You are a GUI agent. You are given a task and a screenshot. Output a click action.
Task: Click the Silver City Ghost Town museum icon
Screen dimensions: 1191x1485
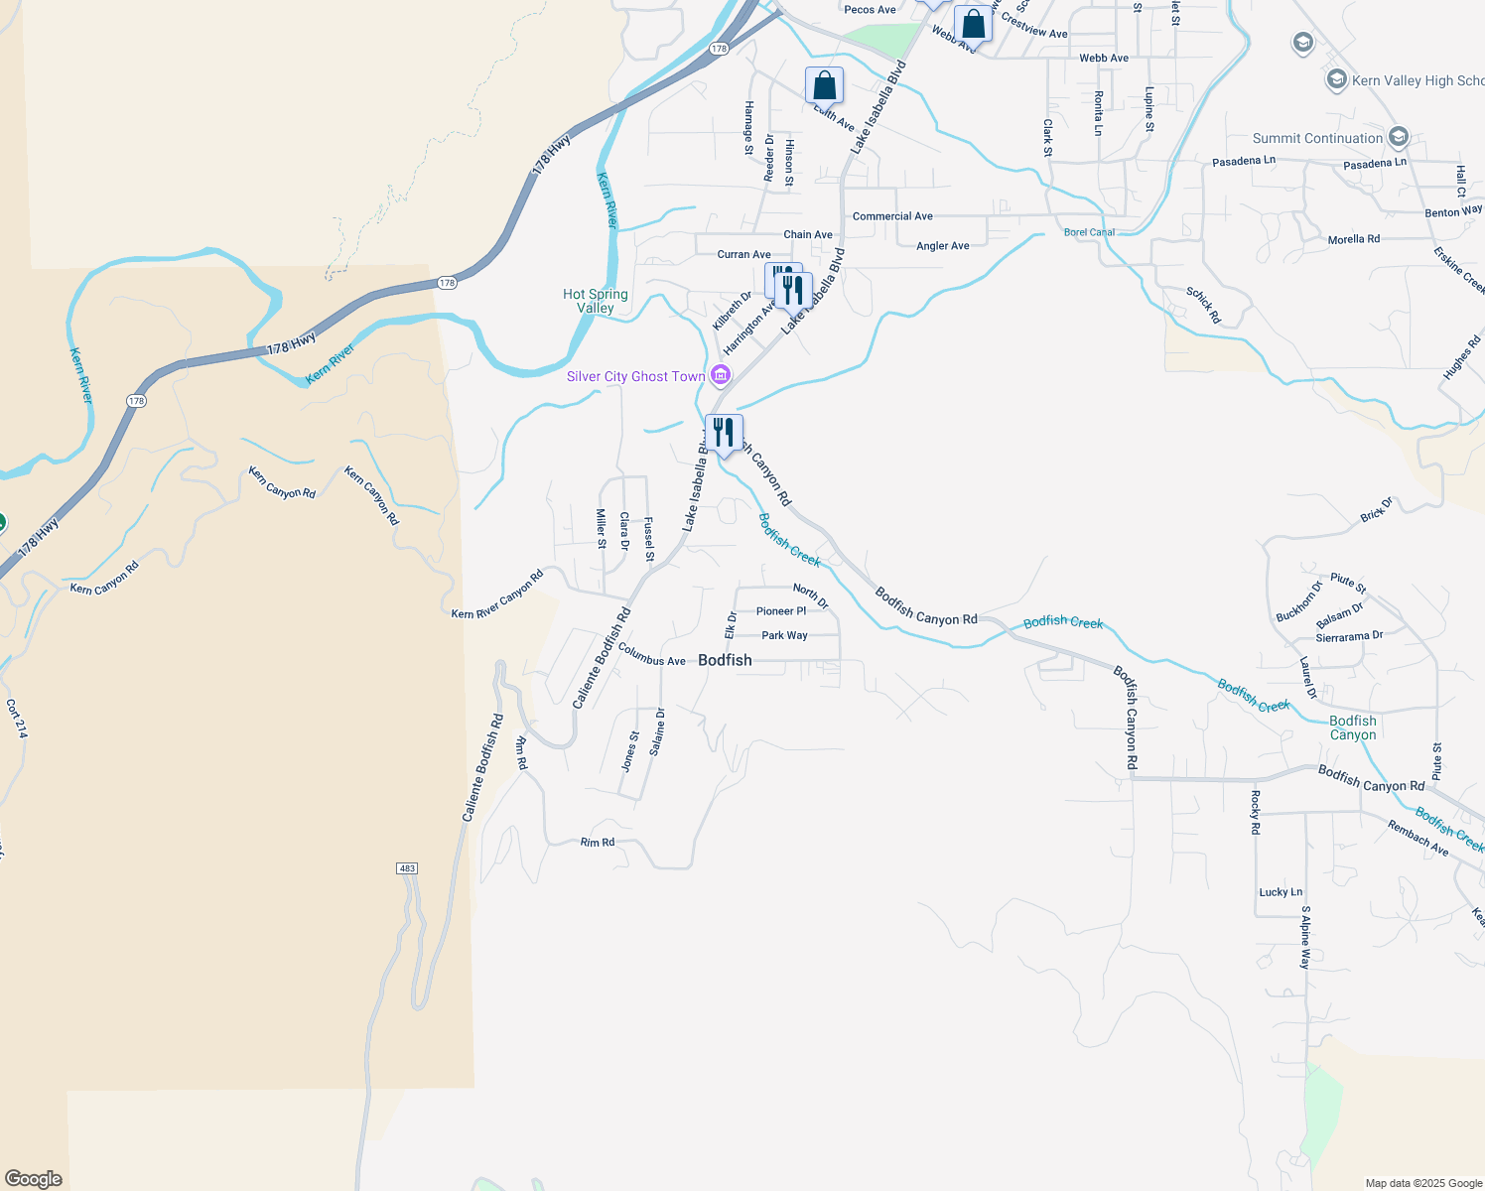721,375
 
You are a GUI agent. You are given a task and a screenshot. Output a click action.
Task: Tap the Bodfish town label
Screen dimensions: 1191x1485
725,660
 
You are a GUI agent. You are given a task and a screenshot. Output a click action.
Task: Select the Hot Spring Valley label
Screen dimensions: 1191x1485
596,301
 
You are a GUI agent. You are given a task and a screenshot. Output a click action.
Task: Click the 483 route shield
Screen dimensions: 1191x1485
407,868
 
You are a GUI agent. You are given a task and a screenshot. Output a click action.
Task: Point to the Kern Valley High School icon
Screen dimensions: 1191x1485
1336,80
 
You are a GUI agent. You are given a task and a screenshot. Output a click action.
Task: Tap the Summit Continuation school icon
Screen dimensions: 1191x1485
1399,137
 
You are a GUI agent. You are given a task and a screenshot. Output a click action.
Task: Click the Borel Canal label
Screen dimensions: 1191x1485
1089,232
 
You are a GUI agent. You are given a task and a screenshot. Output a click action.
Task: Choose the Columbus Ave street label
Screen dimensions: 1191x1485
651,654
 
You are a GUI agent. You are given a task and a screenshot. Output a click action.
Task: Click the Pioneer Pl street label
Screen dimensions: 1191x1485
781,611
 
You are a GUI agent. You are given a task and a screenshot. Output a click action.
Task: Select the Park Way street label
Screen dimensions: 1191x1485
784,635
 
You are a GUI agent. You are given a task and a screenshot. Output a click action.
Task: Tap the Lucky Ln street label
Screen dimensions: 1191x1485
1281,892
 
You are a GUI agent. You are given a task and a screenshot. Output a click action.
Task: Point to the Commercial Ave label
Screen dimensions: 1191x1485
892,216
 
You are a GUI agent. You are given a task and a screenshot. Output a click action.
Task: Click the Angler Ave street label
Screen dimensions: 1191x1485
942,246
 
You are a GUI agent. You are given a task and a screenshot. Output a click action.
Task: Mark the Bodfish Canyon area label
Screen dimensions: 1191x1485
1352,728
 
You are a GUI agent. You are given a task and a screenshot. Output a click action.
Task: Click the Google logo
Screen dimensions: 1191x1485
34,1179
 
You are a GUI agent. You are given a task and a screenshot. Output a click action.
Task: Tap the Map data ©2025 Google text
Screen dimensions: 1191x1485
1422,1183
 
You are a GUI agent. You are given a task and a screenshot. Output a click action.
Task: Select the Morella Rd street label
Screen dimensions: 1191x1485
1353,240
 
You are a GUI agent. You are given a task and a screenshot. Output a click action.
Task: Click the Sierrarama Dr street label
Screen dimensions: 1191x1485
1349,637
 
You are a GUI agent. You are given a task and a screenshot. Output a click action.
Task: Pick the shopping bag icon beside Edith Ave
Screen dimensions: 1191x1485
824,86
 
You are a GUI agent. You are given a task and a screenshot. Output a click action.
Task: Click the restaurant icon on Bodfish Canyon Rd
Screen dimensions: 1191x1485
724,433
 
